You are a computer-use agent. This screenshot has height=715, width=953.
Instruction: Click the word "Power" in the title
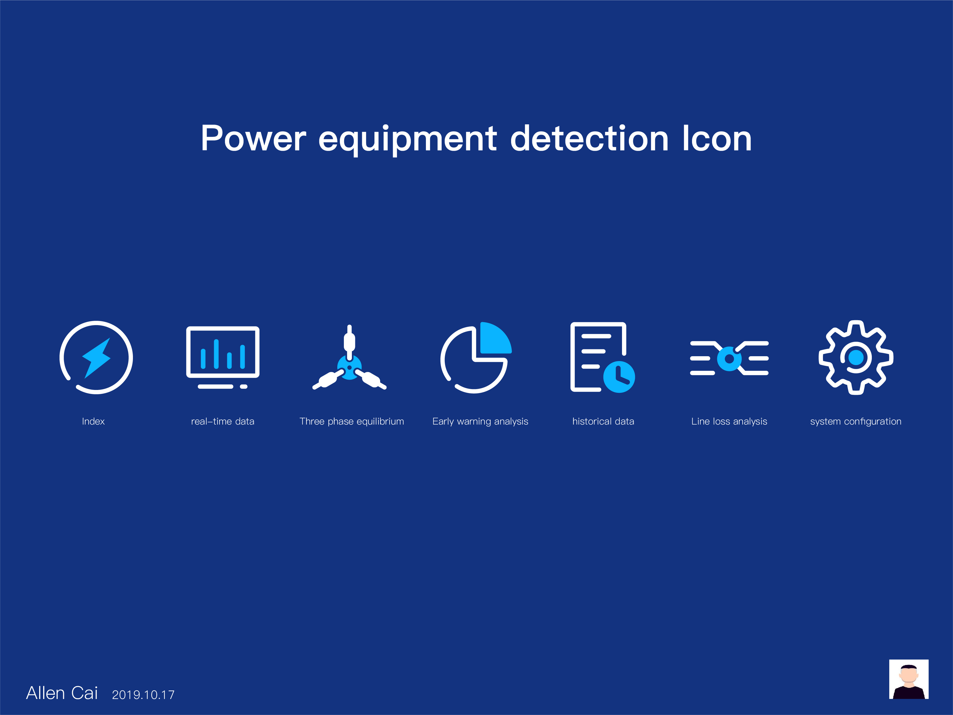(x=253, y=138)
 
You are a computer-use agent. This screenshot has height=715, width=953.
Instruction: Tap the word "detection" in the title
(x=589, y=138)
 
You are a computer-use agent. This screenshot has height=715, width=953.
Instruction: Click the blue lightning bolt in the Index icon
(x=97, y=358)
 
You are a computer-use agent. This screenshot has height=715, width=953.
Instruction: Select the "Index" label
(x=93, y=421)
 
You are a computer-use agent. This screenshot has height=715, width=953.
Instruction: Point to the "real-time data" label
(x=223, y=421)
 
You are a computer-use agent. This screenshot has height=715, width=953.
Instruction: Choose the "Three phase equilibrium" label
(x=352, y=421)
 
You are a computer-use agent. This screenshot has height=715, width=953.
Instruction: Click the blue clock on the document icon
(x=619, y=377)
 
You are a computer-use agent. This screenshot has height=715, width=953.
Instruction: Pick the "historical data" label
(x=603, y=421)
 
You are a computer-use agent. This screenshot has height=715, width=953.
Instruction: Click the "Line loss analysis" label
(x=729, y=421)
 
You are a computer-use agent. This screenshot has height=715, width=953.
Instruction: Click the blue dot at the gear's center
(x=856, y=357)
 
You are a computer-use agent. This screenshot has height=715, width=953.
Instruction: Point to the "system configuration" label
(x=856, y=421)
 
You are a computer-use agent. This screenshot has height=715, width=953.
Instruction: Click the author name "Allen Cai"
(x=62, y=693)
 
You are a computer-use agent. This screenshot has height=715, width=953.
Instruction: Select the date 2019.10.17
(x=143, y=695)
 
